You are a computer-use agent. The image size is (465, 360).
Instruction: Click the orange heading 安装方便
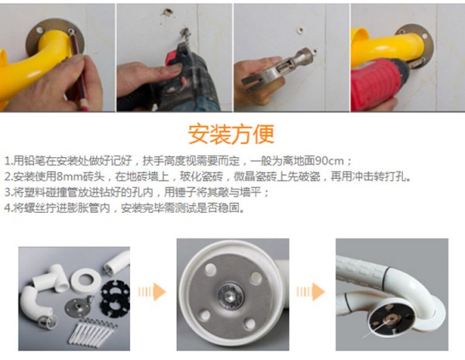pyautogui.click(x=231, y=134)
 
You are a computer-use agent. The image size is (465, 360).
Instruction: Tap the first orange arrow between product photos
pyautogui.click(x=152, y=292)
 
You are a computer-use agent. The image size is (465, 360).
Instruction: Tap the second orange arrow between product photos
pyautogui.click(x=311, y=292)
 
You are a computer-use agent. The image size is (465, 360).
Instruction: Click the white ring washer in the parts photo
pyautogui.click(x=86, y=280)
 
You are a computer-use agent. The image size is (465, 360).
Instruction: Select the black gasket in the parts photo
pyautogui.click(x=115, y=298)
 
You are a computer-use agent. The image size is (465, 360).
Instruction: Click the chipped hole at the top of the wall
pyautogui.click(x=167, y=12)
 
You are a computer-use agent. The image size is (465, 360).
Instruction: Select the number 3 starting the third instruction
pyautogui.click(x=8, y=193)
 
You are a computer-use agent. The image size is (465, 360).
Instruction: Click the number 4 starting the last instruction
pyautogui.click(x=8, y=208)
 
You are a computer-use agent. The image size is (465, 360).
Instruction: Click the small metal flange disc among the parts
pyautogui.click(x=77, y=307)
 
